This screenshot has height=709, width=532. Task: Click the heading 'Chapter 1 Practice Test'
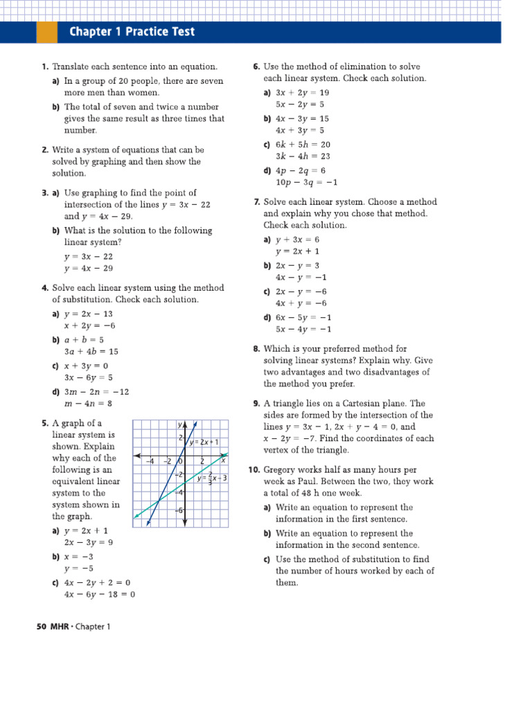(132, 32)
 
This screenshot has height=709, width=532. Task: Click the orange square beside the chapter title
(46, 32)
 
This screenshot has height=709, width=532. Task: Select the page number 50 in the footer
(40, 627)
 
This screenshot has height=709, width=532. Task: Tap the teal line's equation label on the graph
(212, 478)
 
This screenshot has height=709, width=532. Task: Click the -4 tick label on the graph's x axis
(148, 461)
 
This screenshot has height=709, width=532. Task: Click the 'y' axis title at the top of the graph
(179, 424)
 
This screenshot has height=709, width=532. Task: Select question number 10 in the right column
(254, 470)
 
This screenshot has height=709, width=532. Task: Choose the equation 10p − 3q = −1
(306, 183)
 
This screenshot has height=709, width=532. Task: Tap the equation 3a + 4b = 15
(91, 352)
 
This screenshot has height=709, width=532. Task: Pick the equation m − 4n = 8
(88, 404)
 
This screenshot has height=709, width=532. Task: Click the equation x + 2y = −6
(89, 325)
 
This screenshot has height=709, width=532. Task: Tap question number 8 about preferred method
(256, 349)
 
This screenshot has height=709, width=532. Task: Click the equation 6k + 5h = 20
(303, 145)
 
